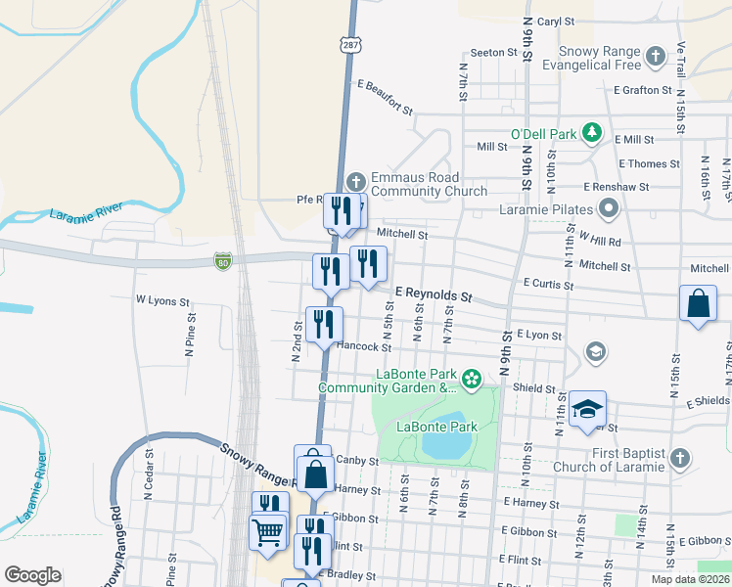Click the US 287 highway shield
349,45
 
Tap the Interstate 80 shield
222,260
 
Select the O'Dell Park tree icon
591,131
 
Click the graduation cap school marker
587,411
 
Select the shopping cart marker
267,533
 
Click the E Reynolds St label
434,293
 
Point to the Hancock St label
363,346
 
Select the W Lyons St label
161,300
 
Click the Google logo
32,575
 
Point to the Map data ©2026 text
689,579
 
